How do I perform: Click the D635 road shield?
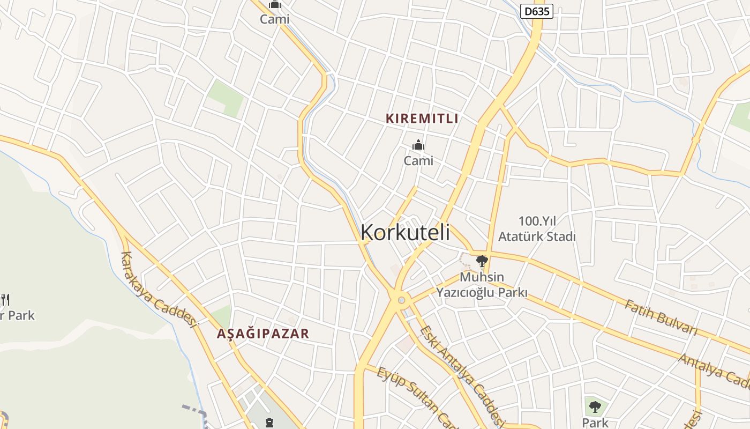pyautogui.click(x=536, y=11)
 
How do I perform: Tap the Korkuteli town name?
pyautogui.click(x=405, y=233)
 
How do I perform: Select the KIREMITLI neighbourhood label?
pyautogui.click(x=422, y=119)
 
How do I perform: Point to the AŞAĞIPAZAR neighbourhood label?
pyautogui.click(x=263, y=334)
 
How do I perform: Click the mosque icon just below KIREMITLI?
pyautogui.click(x=418, y=145)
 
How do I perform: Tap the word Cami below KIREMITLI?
pyautogui.click(x=418, y=160)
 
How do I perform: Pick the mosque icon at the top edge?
pyautogui.click(x=275, y=5)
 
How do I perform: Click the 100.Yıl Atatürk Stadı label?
pyautogui.click(x=537, y=228)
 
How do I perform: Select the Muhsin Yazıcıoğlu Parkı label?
pyautogui.click(x=482, y=285)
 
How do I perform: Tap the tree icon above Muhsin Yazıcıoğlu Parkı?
pyautogui.click(x=482, y=261)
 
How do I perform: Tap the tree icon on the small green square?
pyautogui.click(x=595, y=406)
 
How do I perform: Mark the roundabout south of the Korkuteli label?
pyautogui.click(x=401, y=299)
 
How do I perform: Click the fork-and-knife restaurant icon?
pyautogui.click(x=5, y=299)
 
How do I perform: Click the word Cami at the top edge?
pyautogui.click(x=274, y=19)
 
